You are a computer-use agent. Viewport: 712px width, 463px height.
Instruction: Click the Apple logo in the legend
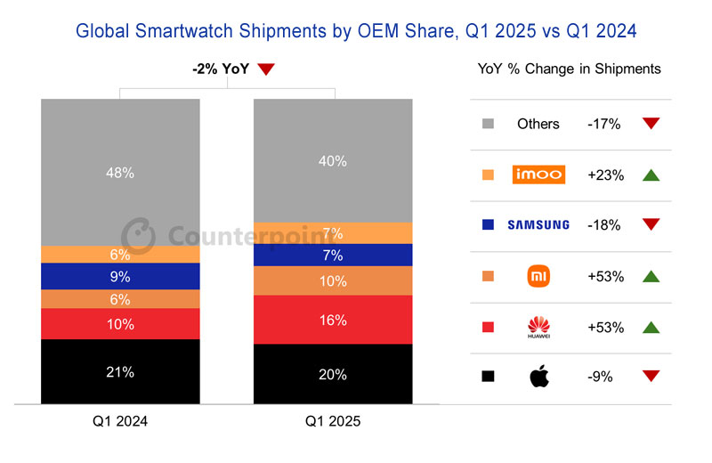(538, 377)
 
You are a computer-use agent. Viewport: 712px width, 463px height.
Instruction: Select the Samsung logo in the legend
(538, 225)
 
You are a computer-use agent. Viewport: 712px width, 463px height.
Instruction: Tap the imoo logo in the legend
(538, 175)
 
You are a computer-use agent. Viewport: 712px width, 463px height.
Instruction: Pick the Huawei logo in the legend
(538, 327)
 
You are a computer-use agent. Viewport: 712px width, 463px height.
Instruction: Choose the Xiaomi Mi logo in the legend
(538, 276)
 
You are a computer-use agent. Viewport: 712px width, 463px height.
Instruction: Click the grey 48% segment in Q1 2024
(120, 172)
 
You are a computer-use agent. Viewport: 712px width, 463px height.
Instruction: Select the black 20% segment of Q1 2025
(333, 375)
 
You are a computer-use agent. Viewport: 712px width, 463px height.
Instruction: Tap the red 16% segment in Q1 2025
(333, 320)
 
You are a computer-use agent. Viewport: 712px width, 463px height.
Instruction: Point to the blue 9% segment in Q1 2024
(120, 276)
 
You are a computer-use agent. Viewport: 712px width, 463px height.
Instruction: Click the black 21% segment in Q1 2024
(120, 372)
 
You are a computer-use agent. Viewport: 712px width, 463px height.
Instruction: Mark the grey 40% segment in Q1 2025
(333, 161)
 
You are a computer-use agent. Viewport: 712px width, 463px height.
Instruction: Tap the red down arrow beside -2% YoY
(266, 69)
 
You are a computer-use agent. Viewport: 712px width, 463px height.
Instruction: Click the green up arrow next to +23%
(651, 175)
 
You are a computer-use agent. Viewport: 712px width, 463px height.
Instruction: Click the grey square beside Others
(487, 124)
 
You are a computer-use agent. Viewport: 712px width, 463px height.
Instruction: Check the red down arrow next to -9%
(651, 377)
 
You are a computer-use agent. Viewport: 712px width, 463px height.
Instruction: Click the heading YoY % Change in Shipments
(570, 69)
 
